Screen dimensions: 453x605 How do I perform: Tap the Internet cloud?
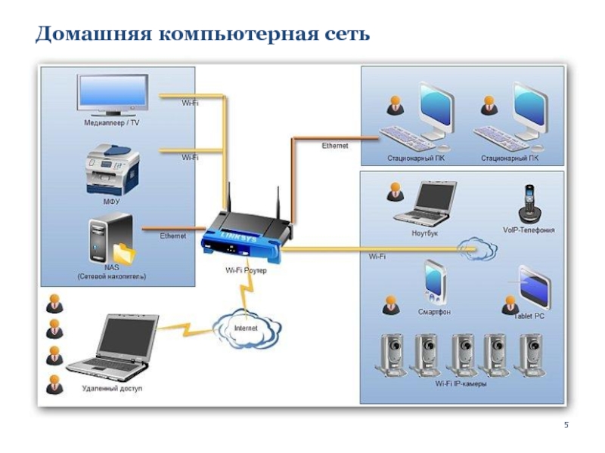coord(246,328)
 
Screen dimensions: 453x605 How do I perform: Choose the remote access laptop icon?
coord(121,347)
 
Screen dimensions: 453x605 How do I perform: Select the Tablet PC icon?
coord(533,288)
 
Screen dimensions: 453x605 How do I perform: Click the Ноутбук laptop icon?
coord(425,204)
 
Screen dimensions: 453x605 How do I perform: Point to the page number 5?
coord(565,428)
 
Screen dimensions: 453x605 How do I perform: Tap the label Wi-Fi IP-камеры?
coord(461,384)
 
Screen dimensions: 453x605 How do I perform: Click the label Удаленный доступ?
coord(112,389)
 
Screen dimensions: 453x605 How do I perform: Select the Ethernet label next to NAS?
coord(172,236)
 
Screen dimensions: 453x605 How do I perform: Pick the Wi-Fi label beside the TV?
coord(190,102)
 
